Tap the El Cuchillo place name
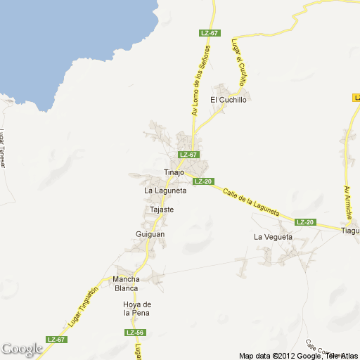229,100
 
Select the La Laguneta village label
165,191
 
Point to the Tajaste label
162,210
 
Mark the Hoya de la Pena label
133,308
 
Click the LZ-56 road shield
136,332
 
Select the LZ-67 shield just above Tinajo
188,155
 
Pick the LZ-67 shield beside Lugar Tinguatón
56,340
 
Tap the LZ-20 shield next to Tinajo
203,181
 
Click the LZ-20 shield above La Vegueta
305,222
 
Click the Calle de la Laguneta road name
252,202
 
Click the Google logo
22,349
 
